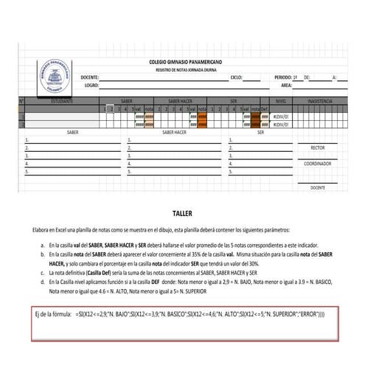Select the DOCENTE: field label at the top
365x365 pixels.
point(89,77)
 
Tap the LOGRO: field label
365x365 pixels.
point(91,85)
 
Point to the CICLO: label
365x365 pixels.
point(236,77)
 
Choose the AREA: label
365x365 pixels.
point(286,85)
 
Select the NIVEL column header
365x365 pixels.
point(280,100)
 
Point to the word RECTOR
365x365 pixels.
point(318,147)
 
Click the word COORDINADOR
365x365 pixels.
point(318,164)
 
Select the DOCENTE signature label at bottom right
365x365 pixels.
point(318,187)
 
